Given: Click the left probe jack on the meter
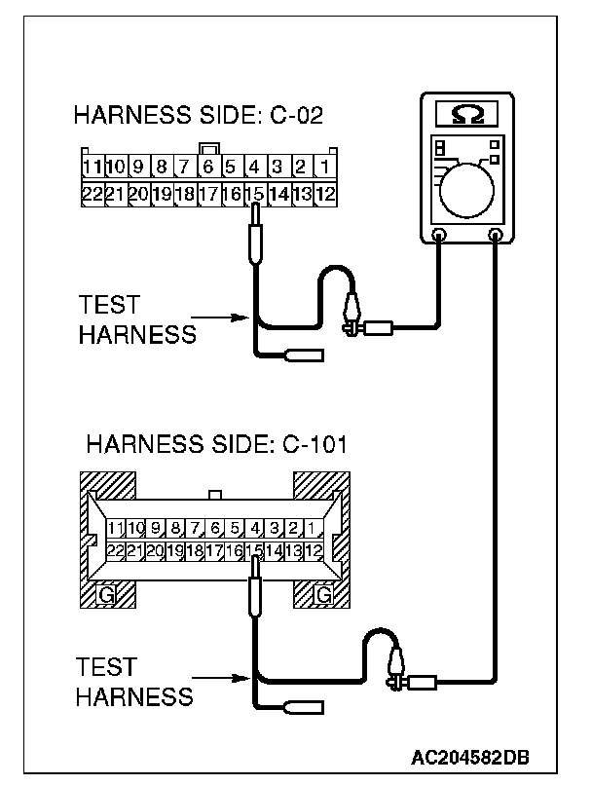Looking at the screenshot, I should click(439, 236).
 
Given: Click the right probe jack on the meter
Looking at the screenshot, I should click(497, 236).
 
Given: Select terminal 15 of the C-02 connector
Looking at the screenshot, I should click(255, 194).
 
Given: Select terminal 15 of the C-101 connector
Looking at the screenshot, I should click(255, 551).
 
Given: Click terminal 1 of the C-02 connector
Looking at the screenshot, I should click(324, 167).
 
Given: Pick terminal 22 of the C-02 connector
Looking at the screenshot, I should click(92, 194).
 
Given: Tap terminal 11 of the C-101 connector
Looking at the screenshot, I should click(117, 528).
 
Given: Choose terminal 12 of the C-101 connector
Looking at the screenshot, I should click(314, 551).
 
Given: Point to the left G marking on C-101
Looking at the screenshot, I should click(107, 594).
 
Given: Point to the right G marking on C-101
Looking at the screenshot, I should click(322, 594).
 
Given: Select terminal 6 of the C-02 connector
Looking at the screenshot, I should click(207, 167).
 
